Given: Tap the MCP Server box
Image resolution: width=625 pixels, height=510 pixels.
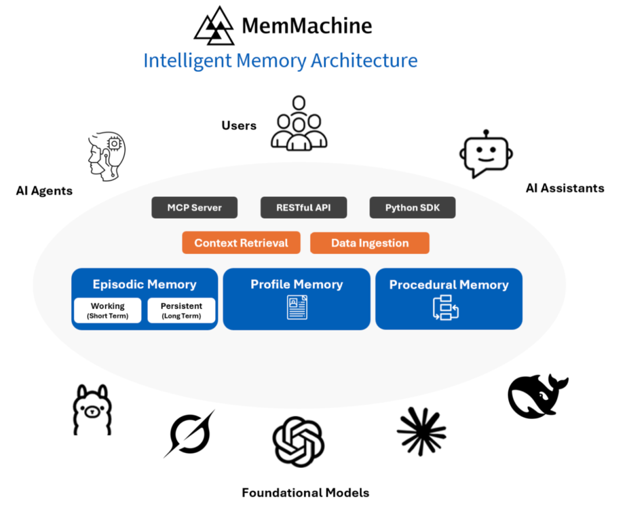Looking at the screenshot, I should pos(194,208).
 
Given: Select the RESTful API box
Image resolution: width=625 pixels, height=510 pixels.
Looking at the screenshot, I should pos(303,208).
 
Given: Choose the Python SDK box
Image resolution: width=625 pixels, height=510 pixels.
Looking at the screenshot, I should pos(412,208).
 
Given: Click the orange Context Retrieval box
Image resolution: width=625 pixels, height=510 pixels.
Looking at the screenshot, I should pos(241,243).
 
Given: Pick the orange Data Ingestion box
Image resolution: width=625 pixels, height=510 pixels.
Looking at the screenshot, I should pos(370,243).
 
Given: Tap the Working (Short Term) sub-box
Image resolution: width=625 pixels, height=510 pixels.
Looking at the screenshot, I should pos(108,310).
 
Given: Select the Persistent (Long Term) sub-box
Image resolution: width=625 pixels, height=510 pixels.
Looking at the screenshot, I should pos(181,310).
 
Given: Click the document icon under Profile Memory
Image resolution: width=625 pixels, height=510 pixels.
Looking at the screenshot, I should pos(297,307).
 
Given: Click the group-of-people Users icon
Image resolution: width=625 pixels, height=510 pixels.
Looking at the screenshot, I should pos(299,123).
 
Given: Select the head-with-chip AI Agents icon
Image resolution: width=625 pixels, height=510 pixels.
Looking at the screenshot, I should pos(107,153).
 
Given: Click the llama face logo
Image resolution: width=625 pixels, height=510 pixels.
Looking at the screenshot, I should pos(91,409).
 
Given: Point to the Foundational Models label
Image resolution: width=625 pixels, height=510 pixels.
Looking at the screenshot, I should pos(305,493).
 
